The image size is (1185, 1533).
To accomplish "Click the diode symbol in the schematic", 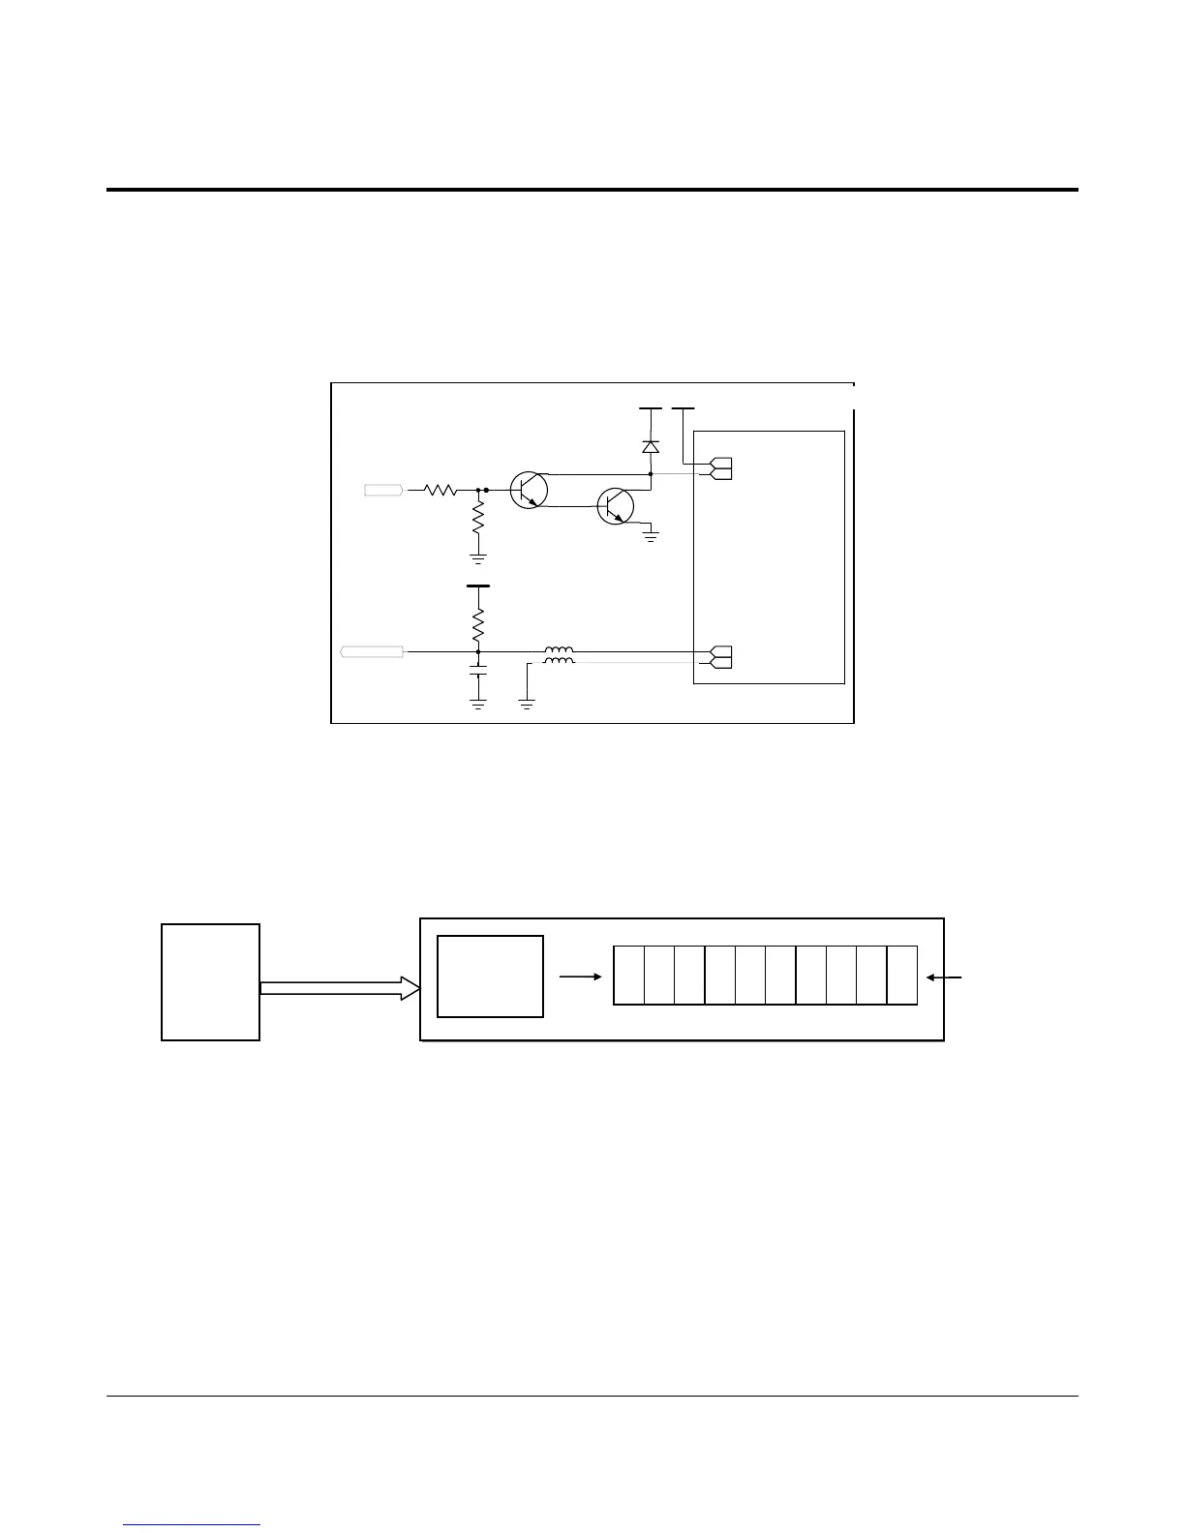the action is (x=651, y=447).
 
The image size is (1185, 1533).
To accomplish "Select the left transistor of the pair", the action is (x=529, y=491).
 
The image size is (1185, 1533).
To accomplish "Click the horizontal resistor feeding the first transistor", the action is (x=441, y=491).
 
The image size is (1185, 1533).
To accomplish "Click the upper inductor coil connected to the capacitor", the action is (x=558, y=650).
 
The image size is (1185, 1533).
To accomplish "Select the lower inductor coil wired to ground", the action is (x=558, y=662).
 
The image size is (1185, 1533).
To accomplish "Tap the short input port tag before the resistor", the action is (x=383, y=491).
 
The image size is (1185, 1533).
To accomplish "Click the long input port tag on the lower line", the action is (x=373, y=652).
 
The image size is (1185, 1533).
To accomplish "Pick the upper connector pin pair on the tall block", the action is (x=721, y=468).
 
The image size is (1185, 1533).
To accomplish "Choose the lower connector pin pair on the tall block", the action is (x=721, y=656).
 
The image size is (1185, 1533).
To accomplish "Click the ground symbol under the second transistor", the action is (x=651, y=533).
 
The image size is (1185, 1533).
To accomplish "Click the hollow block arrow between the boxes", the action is (x=340, y=988).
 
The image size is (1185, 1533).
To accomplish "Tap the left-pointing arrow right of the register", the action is (x=944, y=977).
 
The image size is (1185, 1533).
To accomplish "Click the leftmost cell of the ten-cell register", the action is (x=629, y=976).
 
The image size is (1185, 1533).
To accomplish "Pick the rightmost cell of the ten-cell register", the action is (x=902, y=976).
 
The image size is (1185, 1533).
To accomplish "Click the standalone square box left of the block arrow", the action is (x=210, y=982).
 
